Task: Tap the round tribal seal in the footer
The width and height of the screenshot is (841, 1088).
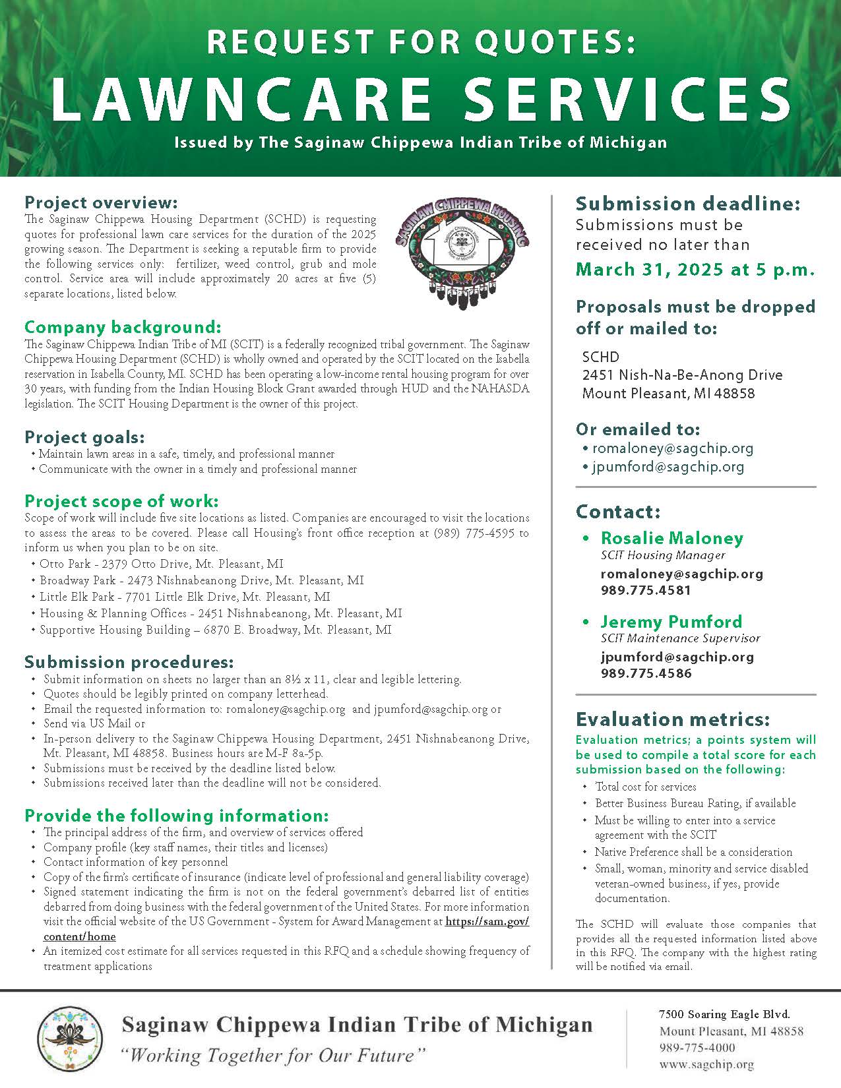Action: tap(69, 1038)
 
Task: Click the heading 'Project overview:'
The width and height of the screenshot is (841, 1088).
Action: tap(101, 202)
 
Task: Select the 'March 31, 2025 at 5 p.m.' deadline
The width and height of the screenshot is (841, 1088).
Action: tap(696, 270)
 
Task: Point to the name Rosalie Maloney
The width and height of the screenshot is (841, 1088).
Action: tap(671, 538)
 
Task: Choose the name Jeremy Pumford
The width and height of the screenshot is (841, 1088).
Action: tap(671, 622)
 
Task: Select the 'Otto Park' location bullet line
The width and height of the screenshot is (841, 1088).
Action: tap(161, 564)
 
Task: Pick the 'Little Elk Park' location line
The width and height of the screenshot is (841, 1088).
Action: tap(185, 597)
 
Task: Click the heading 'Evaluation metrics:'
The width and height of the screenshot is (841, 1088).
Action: tap(672, 719)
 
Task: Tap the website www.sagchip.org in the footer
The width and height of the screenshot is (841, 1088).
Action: tap(706, 1064)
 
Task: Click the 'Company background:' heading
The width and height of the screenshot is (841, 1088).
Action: tap(123, 327)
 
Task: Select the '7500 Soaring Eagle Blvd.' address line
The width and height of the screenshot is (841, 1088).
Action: tap(724, 1014)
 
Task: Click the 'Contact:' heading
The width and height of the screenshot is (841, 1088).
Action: tap(617, 512)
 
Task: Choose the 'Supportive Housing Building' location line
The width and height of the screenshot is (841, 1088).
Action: tap(215, 630)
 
